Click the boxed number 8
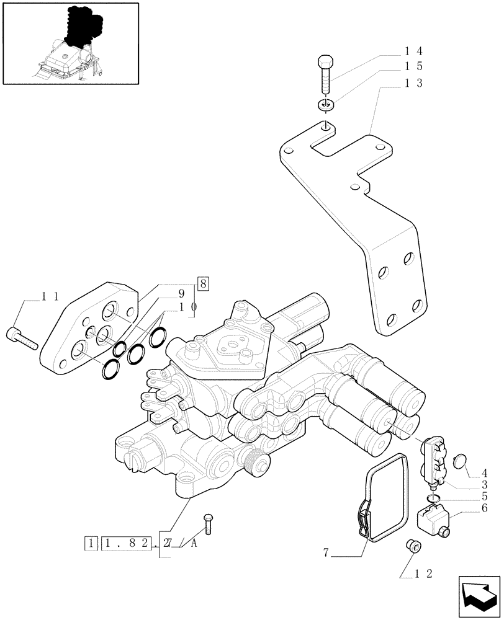pyautogui.click(x=204, y=283)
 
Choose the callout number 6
pyautogui.click(x=484, y=508)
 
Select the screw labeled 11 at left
pyautogui.click(x=22, y=338)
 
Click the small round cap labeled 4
pyautogui.click(x=460, y=461)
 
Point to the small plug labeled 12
pyautogui.click(x=413, y=546)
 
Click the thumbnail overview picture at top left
pyautogui.click(x=70, y=43)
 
